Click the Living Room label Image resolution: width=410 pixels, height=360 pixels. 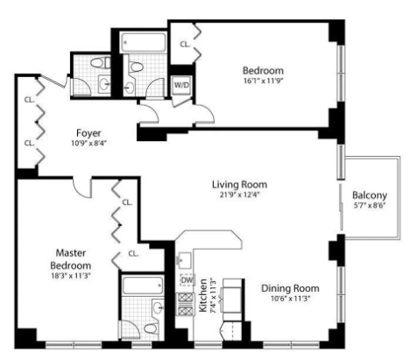click(x=238, y=185)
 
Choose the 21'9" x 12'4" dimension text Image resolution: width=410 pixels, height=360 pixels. click(x=238, y=196)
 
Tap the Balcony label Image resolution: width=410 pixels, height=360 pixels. click(x=369, y=194)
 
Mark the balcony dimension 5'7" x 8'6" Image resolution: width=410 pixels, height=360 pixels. click(x=369, y=206)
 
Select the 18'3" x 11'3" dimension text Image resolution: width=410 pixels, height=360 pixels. click(x=70, y=277)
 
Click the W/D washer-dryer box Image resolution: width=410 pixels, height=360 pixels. click(x=182, y=86)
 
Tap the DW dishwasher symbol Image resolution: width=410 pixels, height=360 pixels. click(x=186, y=279)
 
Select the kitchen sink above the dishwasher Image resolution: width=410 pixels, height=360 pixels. click(x=185, y=260)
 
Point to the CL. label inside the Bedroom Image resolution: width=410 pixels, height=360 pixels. click(x=185, y=43)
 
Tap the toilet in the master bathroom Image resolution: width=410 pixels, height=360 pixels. click(x=155, y=308)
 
